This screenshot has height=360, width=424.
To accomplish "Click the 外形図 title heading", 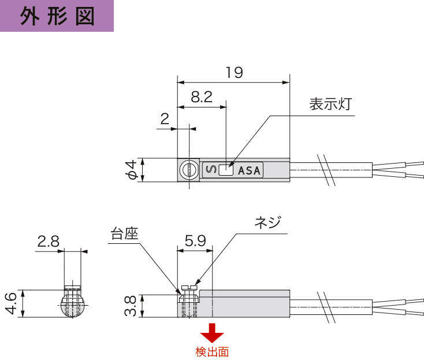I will pyautogui.click(x=57, y=16).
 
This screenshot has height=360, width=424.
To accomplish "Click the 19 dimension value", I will pyautogui.click(x=234, y=73).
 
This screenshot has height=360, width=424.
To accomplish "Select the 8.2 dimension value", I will pyautogui.click(x=201, y=97).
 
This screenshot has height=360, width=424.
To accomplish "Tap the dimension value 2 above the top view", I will pyautogui.click(x=164, y=119).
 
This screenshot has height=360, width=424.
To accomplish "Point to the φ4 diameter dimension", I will pyautogui.click(x=132, y=170).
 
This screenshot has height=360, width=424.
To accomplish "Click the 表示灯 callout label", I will pyautogui.click(x=330, y=105).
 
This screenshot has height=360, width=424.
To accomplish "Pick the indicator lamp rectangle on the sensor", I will pyautogui.click(x=226, y=170).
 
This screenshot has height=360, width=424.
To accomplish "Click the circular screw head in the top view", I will pyautogui.click(x=187, y=170).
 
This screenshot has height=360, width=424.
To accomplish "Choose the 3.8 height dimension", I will pyautogui.click(x=130, y=306).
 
